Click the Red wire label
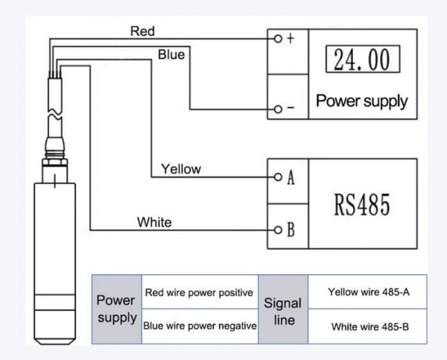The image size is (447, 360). coord(142,31)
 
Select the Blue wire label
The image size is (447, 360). coord(171,54)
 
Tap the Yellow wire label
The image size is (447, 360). coord(182,169)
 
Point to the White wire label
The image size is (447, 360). coord(154,221)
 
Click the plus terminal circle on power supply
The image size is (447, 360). coord(277,38)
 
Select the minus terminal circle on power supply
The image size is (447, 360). coord(277,110)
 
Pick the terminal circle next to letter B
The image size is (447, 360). coord(277,230)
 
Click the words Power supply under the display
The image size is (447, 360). coord(362,101)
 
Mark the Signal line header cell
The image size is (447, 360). coord(283,309)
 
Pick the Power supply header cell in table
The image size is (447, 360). coord(116,309)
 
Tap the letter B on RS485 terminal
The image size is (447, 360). coord(291,230)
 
